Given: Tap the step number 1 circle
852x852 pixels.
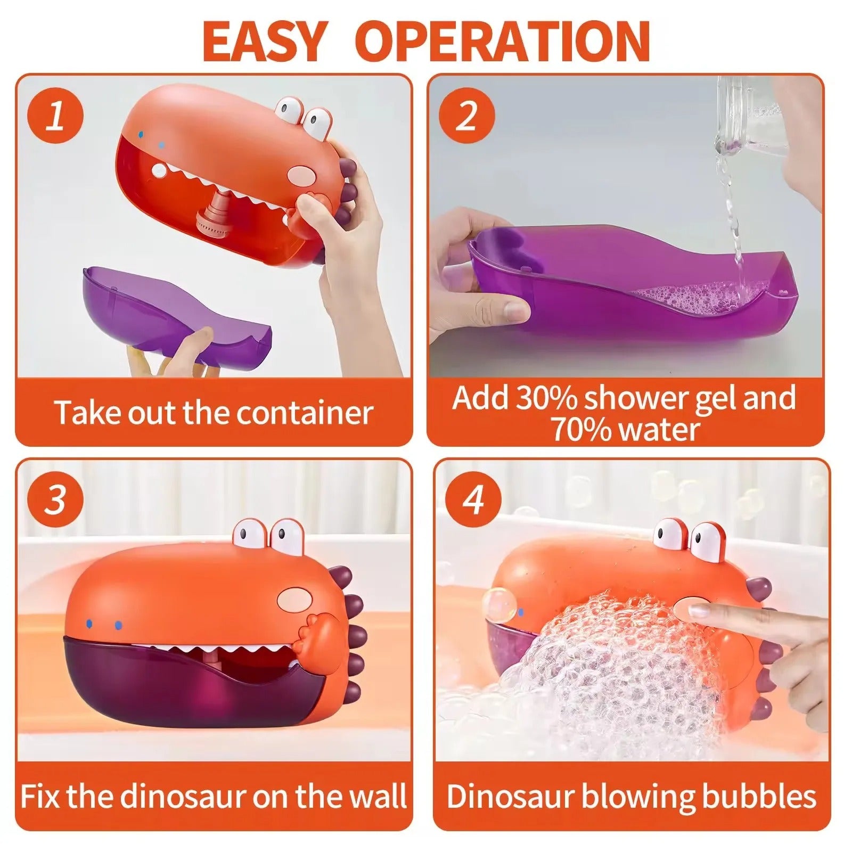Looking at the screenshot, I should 55,116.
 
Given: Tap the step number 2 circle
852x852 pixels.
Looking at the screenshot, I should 467,116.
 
